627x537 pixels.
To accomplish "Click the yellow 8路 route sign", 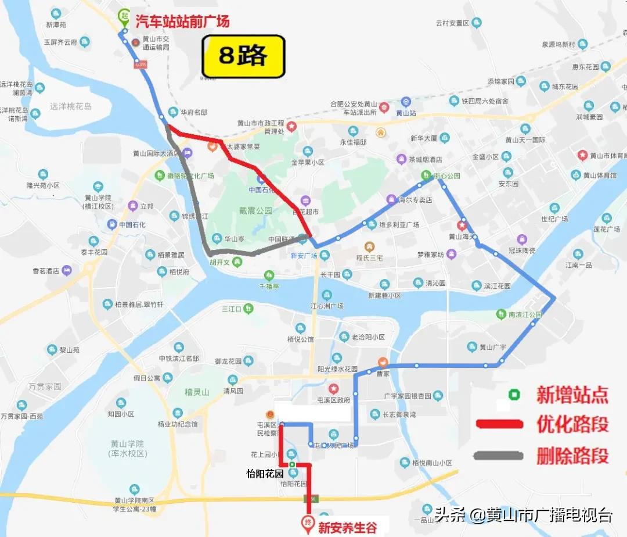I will (243, 56).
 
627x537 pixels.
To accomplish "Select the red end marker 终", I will (308, 521).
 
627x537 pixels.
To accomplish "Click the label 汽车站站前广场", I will (182, 22).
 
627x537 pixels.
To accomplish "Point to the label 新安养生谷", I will (347, 528).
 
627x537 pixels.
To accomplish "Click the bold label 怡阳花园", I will (264, 472).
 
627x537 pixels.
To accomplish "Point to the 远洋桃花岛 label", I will (71, 106).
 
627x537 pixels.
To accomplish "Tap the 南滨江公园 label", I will (525, 314).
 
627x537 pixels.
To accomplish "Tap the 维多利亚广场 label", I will (399, 224).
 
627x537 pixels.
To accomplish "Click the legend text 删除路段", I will (572, 456).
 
